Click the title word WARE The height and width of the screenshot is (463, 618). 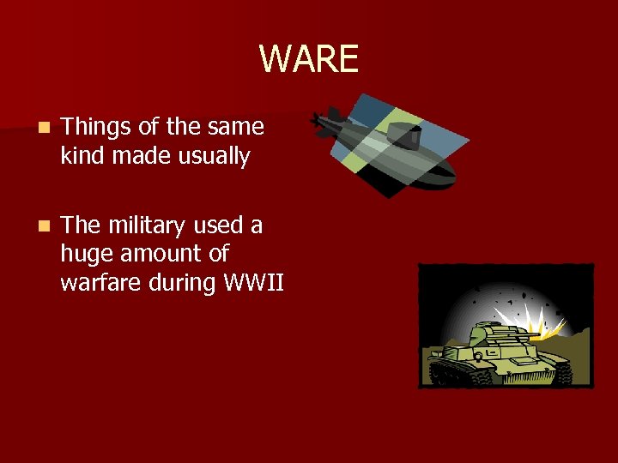tap(308, 59)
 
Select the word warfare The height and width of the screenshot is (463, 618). tap(99, 283)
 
